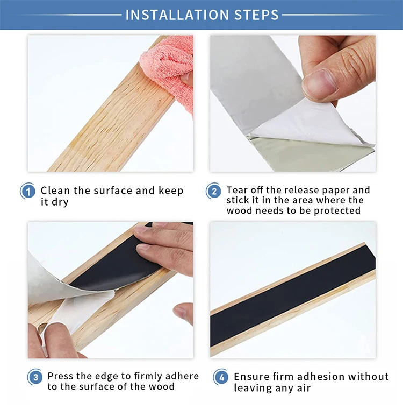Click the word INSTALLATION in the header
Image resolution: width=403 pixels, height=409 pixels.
coord(177,15)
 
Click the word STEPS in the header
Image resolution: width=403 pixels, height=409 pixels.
coord(256,15)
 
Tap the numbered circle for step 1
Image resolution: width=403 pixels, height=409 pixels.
coord(27,192)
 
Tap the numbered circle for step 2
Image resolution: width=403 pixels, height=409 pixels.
coord(213,191)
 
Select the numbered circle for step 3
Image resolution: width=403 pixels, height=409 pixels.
coord(35,377)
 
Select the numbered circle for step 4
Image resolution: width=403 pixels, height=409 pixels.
coord(221,377)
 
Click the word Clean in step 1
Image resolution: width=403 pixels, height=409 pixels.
coord(55,191)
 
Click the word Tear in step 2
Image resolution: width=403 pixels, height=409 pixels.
coord(236,190)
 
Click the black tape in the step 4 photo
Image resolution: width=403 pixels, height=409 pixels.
coord(293,295)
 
